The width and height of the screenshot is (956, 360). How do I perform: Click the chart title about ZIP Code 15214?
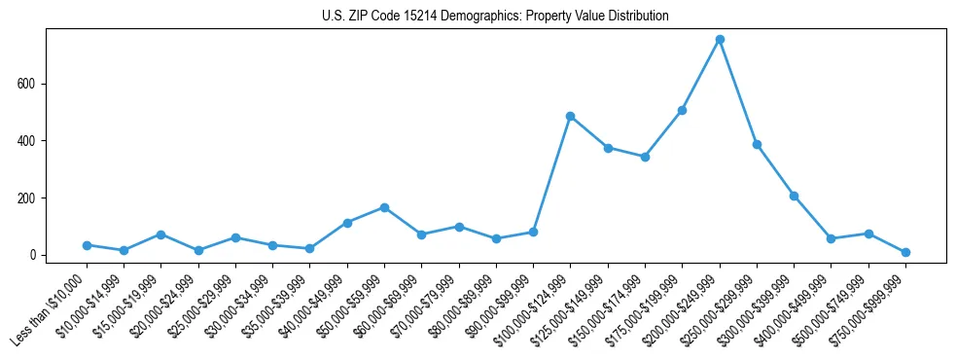point(495,17)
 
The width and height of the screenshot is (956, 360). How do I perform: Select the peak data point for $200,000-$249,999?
point(720,40)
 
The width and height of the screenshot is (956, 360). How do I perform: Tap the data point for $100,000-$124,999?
point(571,116)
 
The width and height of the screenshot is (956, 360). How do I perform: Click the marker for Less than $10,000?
point(87,245)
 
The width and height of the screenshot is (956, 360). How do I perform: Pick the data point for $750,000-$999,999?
point(905,252)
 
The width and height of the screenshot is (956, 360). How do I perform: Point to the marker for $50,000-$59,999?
point(385,207)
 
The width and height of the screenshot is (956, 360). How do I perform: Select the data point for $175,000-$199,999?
point(683,110)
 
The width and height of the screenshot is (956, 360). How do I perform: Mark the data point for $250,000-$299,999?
point(757,144)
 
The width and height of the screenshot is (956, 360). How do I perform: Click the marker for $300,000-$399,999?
point(794,196)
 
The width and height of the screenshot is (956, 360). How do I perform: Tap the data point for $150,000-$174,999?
point(645,157)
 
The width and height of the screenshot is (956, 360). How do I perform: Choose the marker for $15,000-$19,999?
point(160,234)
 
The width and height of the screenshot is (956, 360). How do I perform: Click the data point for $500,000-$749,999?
point(868,234)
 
